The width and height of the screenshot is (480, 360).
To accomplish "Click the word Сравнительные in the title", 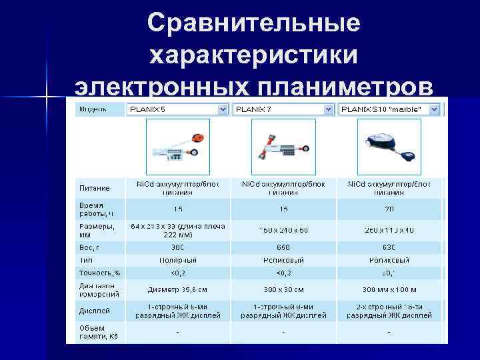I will point(253,23).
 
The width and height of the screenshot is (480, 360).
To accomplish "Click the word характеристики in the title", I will point(253,56).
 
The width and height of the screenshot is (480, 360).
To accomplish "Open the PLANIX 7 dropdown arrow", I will point(328,109).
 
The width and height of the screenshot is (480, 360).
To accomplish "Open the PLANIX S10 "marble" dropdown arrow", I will point(434,109).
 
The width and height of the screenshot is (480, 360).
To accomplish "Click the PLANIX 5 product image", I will point(177,147).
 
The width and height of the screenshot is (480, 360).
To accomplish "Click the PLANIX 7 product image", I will point(283,147).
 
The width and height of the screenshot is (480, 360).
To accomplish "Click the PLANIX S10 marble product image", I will point(389,147).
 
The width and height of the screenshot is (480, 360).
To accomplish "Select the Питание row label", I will point(95,187).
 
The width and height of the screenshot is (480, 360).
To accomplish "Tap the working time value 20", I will point(389,209).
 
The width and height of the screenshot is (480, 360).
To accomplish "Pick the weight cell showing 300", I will point(177,247).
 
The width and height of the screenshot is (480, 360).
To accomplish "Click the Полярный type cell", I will point(177,259).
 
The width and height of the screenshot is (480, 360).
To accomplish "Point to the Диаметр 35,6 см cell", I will point(177,291).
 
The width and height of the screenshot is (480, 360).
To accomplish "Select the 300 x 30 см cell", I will point(283,291).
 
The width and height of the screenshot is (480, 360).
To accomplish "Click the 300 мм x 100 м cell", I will point(389,291).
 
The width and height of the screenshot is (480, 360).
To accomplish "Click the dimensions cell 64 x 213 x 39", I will point(177,230).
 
